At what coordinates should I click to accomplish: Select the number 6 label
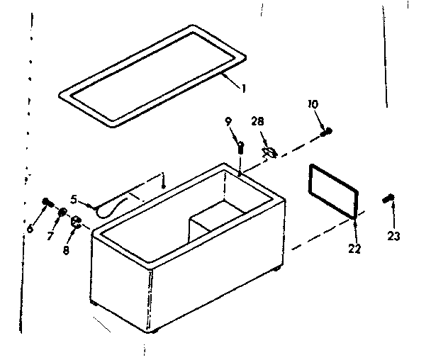pos(29,228)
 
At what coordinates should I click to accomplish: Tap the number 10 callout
pos(312,104)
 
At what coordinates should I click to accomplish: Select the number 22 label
pos(354,249)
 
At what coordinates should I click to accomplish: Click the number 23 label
pos(394,236)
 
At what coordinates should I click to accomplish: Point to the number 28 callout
pos(257,122)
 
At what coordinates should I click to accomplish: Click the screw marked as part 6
pos(48,202)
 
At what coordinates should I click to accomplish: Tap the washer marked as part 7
pos(63,211)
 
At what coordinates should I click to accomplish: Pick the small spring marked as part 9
pos(241,147)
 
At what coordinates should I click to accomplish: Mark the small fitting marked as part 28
pos(269,151)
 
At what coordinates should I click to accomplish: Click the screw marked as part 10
pos(326,131)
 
